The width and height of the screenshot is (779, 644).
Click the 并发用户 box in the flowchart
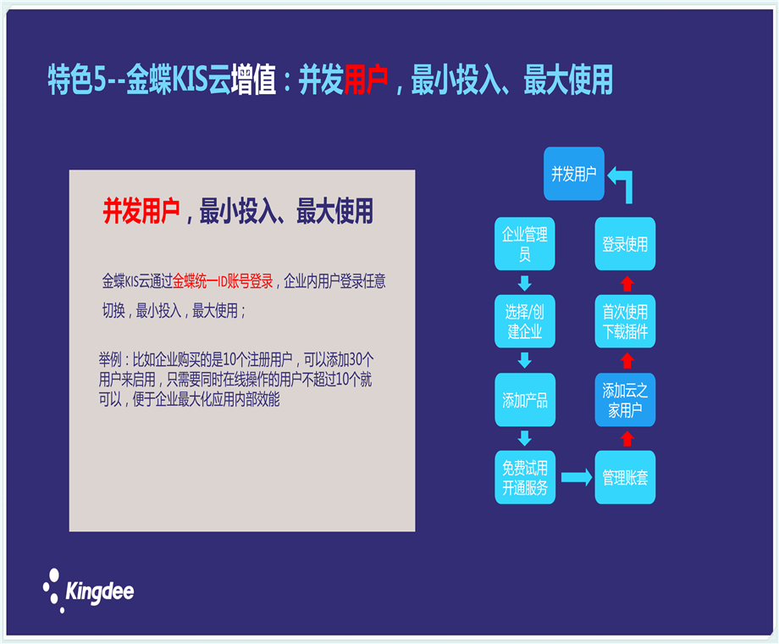pyautogui.click(x=574, y=174)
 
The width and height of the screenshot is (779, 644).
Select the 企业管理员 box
pyautogui.click(x=525, y=244)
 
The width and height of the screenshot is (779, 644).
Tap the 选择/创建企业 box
pyautogui.click(x=525, y=321)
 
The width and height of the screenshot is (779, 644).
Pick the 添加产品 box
pyautogui.click(x=525, y=399)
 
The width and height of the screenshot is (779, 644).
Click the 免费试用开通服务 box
pyautogui.click(x=525, y=477)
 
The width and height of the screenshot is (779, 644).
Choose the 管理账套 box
pyautogui.click(x=625, y=477)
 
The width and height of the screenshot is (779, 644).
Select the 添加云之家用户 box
pyautogui.click(x=625, y=399)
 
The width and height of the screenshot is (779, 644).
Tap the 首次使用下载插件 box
pyautogui.click(x=625, y=321)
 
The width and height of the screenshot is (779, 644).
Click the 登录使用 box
pyautogui.click(x=625, y=244)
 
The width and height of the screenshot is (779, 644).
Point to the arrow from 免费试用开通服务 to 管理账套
pyautogui.click(x=577, y=477)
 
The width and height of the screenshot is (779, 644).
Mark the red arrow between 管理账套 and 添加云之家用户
pyautogui.click(x=627, y=439)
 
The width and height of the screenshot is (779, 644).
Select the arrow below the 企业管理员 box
pyautogui.click(x=525, y=283)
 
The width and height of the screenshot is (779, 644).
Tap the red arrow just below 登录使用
pyautogui.click(x=627, y=283)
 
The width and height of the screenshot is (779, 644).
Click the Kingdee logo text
pyautogui.click(x=100, y=591)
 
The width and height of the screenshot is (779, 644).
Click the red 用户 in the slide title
pyautogui.click(x=366, y=80)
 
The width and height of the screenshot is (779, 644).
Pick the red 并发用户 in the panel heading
pyautogui.click(x=141, y=211)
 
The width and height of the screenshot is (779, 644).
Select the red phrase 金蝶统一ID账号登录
pyautogui.click(x=223, y=281)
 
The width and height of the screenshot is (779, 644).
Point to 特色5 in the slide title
pyautogui.click(x=76, y=80)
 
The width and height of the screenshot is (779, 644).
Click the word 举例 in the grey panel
pyautogui.click(x=110, y=359)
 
